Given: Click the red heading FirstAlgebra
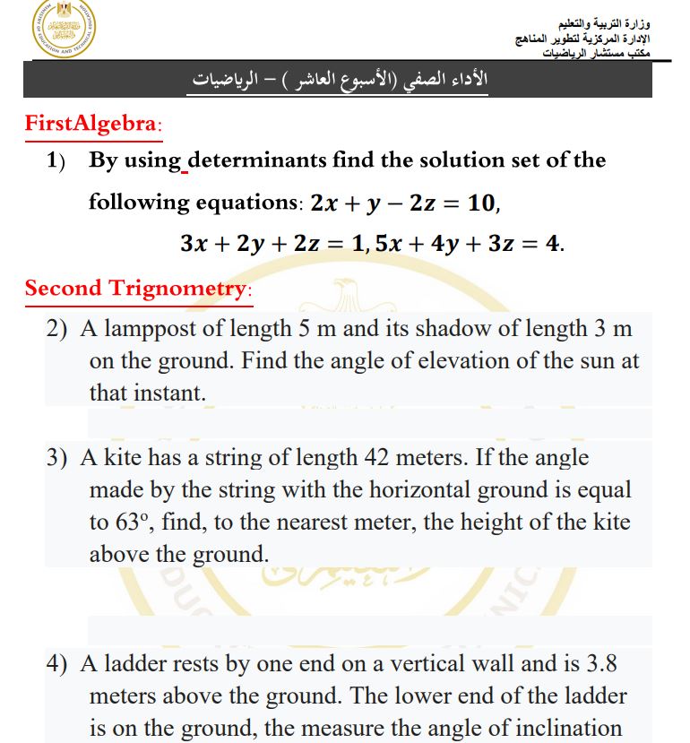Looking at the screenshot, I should [92, 124].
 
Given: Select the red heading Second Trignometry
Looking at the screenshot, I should [138, 289].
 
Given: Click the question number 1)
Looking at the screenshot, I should [57, 161].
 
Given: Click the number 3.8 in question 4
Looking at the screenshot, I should [599, 664].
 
